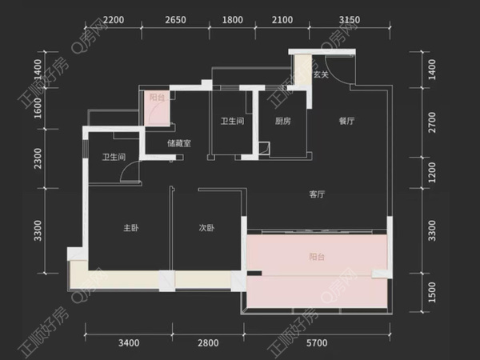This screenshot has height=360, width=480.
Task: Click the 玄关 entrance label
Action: coord(321,74)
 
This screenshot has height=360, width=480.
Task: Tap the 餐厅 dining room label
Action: coord(346,121)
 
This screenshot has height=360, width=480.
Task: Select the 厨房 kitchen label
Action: coord(282,122)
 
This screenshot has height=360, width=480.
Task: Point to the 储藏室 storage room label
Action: coord(179,143)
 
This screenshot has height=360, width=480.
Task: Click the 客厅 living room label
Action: coord(317,194)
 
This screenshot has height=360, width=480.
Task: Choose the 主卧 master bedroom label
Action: coord(131,228)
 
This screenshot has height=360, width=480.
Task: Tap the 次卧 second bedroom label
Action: coord(206,228)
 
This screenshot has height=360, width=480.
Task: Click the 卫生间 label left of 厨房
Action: coord(232,122)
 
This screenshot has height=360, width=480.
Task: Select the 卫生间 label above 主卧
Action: coord(114,157)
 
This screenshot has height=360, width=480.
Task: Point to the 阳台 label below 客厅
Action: coord(317,257)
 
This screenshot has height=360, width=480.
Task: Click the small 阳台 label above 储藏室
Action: coord(157,98)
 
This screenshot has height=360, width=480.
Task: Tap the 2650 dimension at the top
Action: coord(175,20)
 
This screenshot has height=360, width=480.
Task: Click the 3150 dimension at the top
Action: coord(350,20)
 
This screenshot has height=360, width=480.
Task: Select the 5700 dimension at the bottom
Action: coord(317,343)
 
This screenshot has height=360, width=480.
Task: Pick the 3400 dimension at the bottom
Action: coord(129,343)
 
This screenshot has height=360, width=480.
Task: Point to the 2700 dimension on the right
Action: coord(432,122)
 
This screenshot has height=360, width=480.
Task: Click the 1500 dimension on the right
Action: coord(432,292)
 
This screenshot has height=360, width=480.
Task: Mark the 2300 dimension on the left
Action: coord(38,158)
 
